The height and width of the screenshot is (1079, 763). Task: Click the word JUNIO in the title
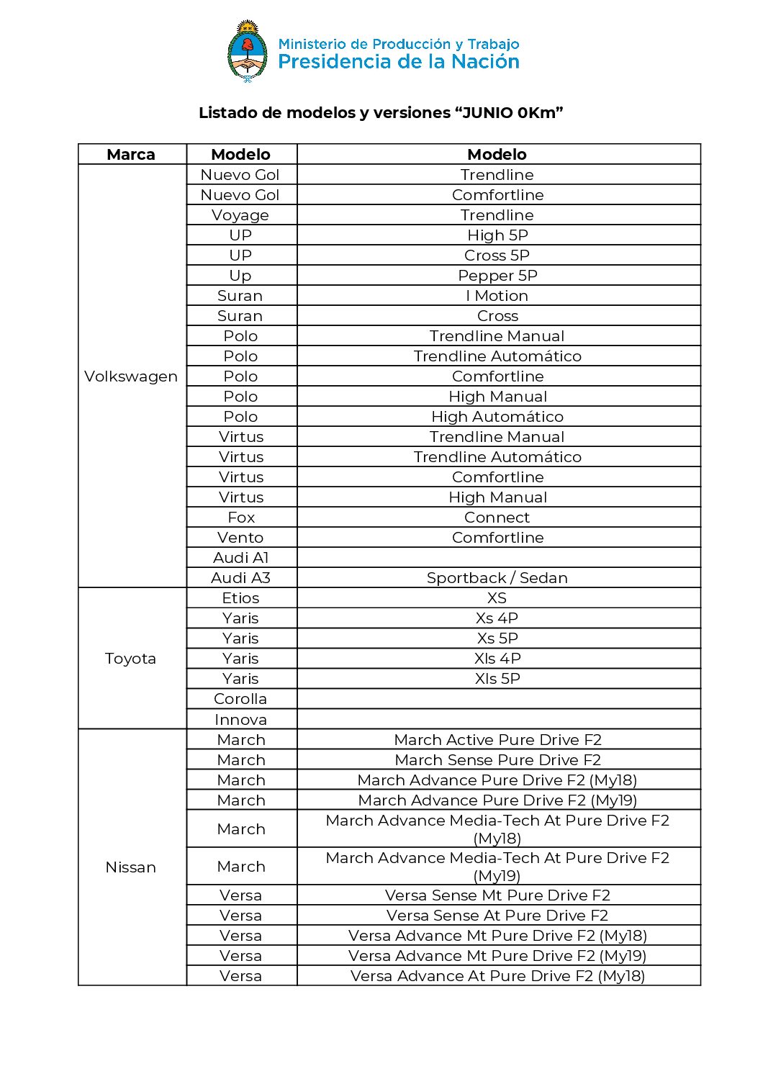pyautogui.click(x=487, y=113)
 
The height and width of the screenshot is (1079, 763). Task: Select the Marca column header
pyautogui.click(x=131, y=155)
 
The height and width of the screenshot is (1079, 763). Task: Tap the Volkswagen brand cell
pyautogui.click(x=131, y=376)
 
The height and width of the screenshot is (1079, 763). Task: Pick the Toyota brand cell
pyautogui.click(x=130, y=659)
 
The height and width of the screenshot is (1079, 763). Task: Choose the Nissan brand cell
pyautogui.click(x=130, y=867)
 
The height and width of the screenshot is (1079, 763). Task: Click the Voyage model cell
pyautogui.click(x=240, y=215)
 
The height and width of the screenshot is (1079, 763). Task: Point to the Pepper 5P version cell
pyautogui.click(x=497, y=276)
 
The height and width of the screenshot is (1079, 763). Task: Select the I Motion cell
pyautogui.click(x=497, y=296)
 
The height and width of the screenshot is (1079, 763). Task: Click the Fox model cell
pyautogui.click(x=241, y=518)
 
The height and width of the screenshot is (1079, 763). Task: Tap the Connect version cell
pyautogui.click(x=497, y=518)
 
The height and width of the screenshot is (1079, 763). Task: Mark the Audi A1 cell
pyautogui.click(x=241, y=558)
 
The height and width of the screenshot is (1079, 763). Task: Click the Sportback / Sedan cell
pyautogui.click(x=497, y=578)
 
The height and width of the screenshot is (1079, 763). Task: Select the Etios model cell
pyautogui.click(x=240, y=598)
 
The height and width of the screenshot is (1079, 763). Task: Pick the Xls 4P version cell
pyautogui.click(x=497, y=659)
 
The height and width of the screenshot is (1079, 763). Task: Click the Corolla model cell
pyautogui.click(x=240, y=699)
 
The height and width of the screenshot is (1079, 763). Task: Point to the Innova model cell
pyautogui.click(x=240, y=720)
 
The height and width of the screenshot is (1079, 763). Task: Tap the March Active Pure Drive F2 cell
pyautogui.click(x=497, y=740)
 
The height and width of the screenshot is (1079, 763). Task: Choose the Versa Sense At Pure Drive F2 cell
pyautogui.click(x=497, y=916)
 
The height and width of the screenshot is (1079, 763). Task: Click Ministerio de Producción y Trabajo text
pyautogui.click(x=399, y=44)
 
